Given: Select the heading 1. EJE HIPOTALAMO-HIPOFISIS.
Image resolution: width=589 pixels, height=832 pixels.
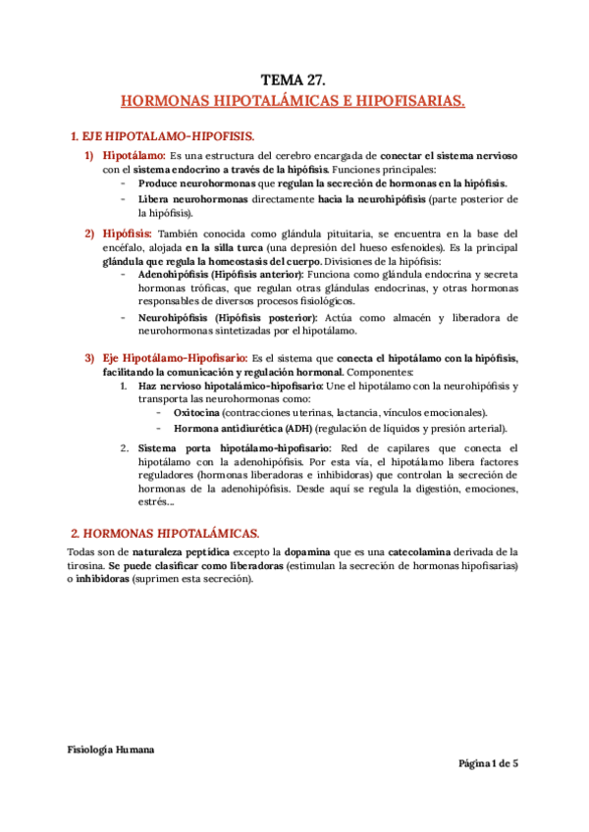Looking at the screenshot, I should point(163,135).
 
